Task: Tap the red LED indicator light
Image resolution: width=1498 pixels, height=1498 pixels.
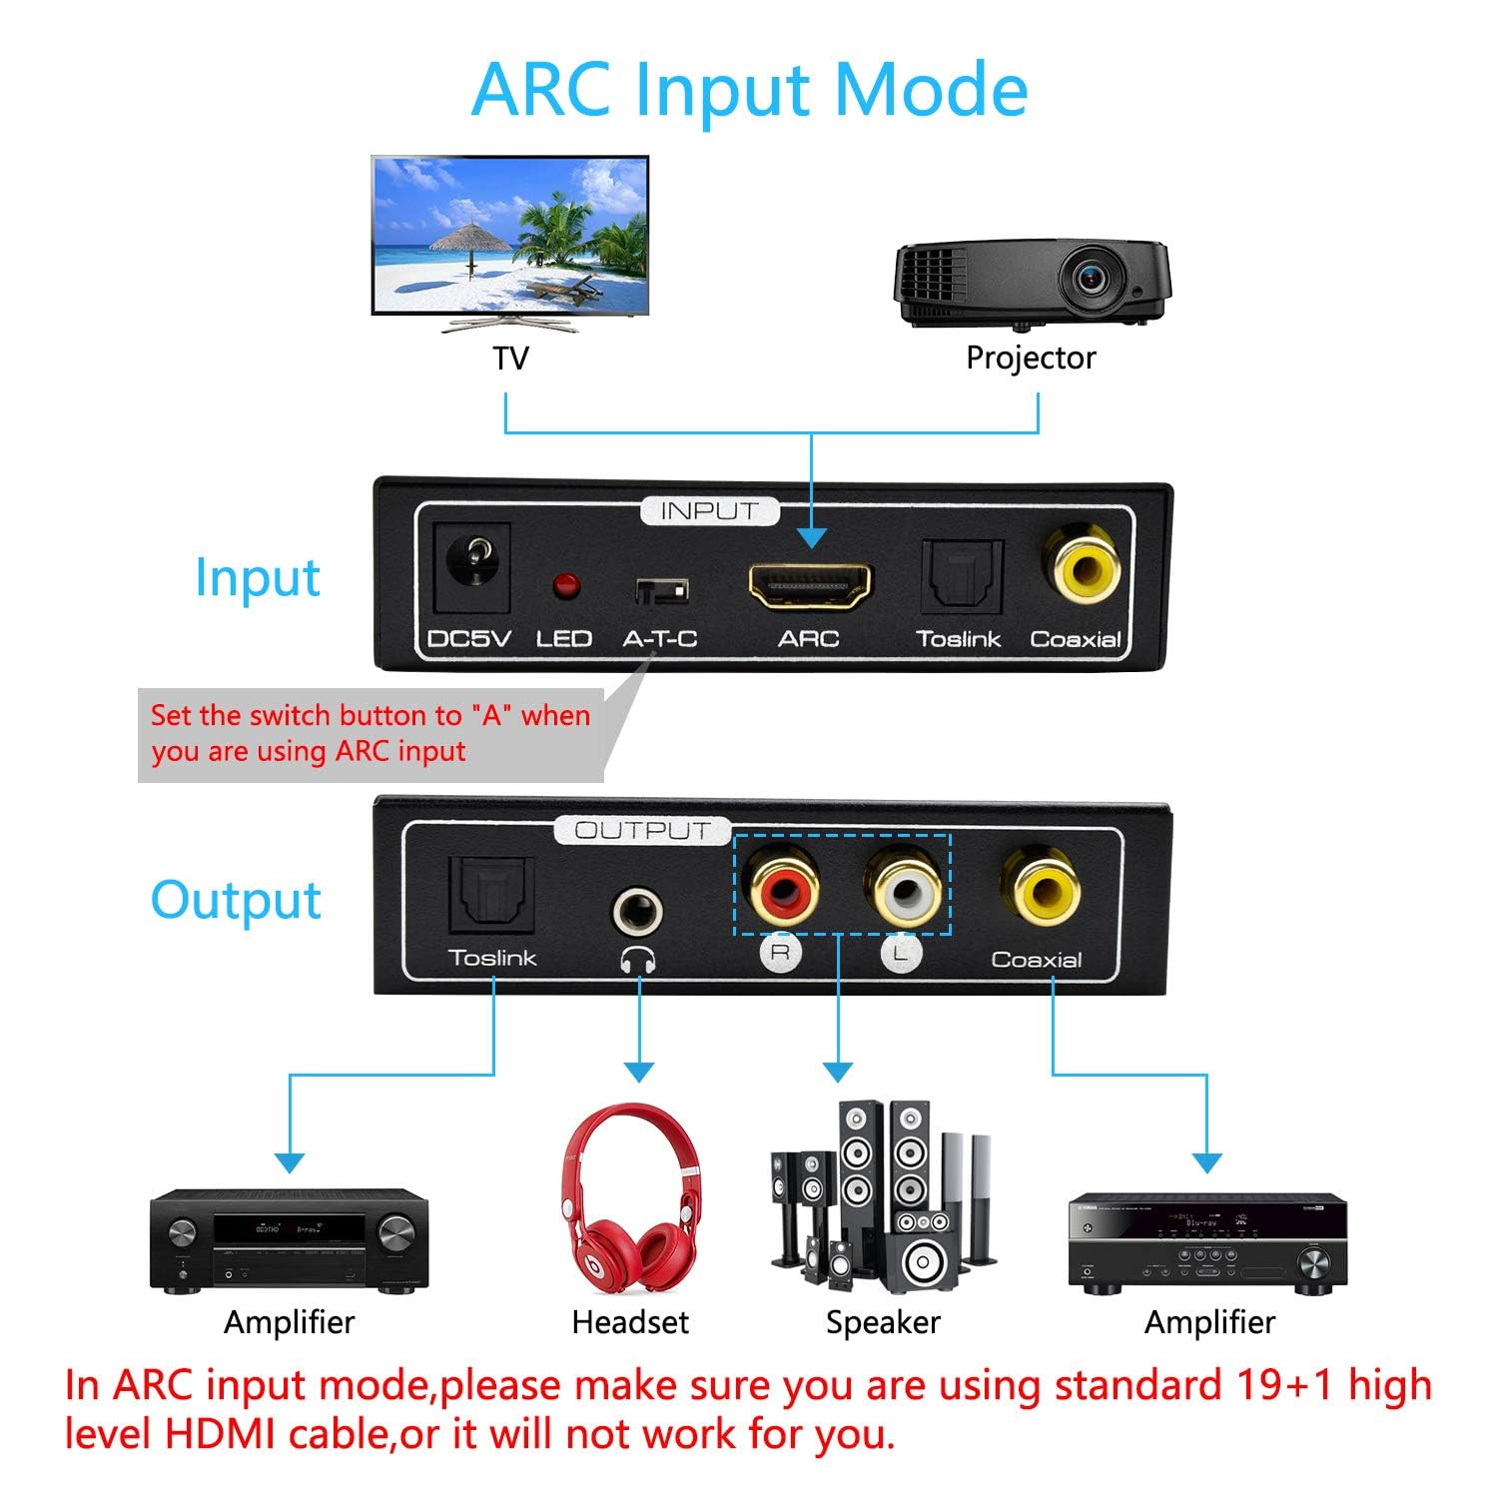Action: point(566,585)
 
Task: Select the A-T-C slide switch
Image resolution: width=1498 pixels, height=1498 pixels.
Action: point(661,591)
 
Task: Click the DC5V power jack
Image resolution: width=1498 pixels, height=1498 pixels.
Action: point(472,566)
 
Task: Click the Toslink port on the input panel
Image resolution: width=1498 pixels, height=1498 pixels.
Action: point(960,577)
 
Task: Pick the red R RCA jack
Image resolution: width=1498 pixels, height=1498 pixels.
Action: point(780,885)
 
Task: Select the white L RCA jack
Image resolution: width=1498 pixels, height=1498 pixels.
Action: point(907,886)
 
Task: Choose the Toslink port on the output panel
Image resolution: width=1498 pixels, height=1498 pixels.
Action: point(492,894)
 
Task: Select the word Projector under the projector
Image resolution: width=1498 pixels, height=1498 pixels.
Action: point(1031,358)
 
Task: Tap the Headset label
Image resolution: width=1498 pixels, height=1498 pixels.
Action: point(630,1322)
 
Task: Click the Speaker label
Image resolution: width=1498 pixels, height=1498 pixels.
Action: point(883,1322)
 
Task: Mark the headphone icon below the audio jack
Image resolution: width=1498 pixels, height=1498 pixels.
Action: point(637,961)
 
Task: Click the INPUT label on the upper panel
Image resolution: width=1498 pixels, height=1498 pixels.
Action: point(709,511)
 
